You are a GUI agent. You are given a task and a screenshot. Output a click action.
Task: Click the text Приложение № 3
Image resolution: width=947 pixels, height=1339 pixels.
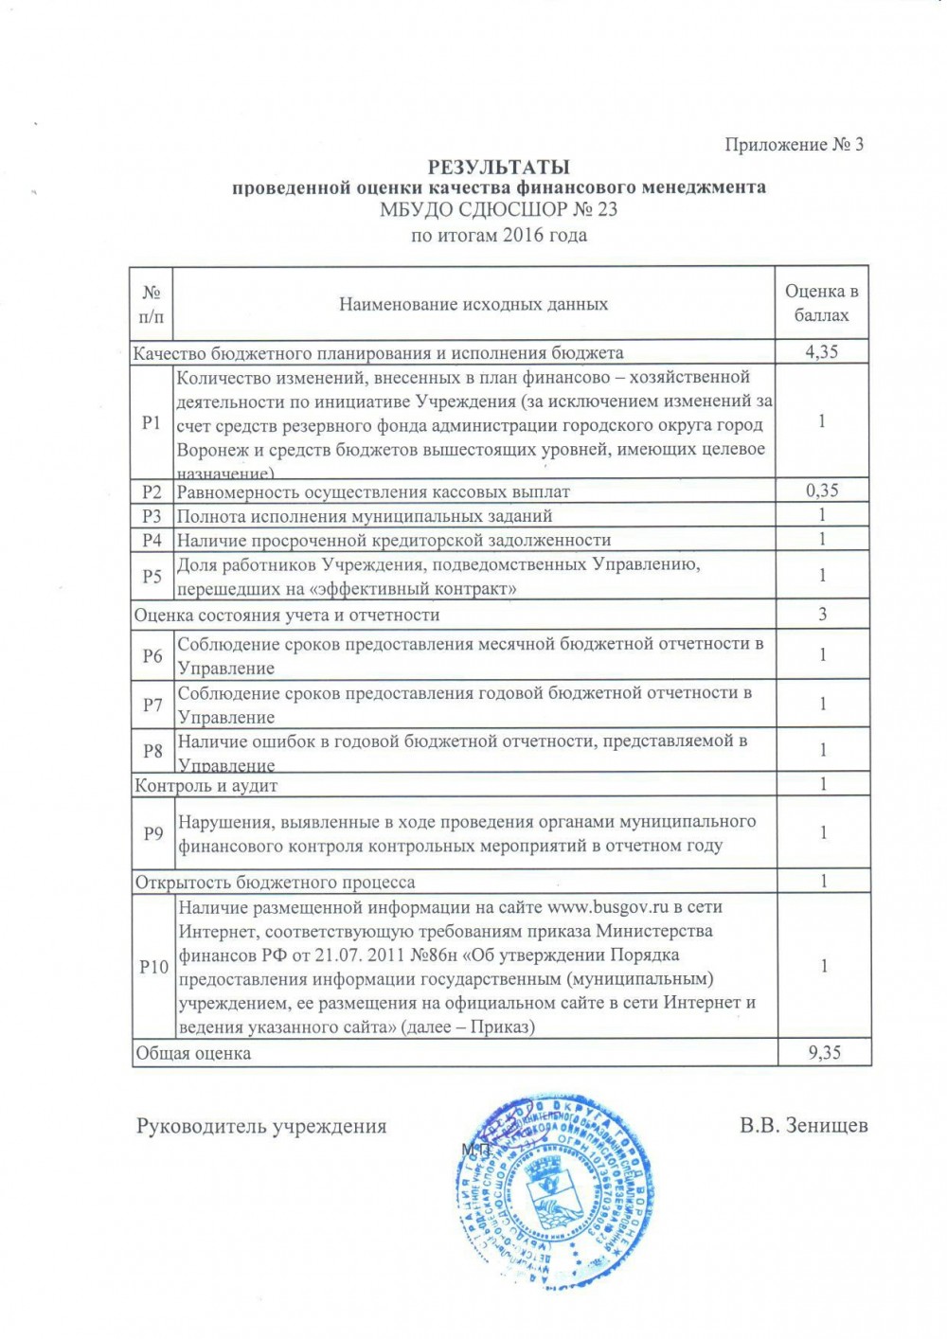click(794, 145)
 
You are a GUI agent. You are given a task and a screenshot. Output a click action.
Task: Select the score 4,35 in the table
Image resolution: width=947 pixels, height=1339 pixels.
click(822, 352)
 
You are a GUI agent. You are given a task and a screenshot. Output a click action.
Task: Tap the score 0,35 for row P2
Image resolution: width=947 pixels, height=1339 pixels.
click(822, 491)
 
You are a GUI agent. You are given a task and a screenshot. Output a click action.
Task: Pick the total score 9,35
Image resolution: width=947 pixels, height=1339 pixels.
click(822, 1052)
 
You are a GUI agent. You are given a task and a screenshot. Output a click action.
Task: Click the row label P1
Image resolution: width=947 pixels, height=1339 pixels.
click(152, 422)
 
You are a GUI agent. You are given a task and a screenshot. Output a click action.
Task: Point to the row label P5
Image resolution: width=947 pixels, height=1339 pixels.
click(152, 576)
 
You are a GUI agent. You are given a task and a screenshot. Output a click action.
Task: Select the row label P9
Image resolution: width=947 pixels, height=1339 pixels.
click(153, 833)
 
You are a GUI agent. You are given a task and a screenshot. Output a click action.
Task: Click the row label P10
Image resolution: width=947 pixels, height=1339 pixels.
click(153, 967)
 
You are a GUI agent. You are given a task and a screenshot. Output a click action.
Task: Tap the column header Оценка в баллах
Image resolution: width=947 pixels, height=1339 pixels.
click(822, 303)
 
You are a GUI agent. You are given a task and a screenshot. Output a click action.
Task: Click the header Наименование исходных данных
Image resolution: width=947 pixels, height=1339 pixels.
click(473, 304)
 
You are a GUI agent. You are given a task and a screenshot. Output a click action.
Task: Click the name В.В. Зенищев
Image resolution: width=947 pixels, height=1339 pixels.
click(804, 1126)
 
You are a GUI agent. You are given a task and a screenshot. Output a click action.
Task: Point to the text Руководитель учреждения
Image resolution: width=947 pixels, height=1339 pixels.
click(261, 1126)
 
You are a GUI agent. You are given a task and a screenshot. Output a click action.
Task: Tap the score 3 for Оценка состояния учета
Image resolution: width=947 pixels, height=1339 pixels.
click(822, 615)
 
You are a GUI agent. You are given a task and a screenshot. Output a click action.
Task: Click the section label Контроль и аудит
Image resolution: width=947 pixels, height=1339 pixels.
click(206, 785)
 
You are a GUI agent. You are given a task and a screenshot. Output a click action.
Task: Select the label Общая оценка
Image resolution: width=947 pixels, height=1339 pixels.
click(193, 1053)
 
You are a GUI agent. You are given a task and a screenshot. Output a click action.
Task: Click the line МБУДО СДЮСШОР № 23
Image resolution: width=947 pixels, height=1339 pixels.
click(499, 210)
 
